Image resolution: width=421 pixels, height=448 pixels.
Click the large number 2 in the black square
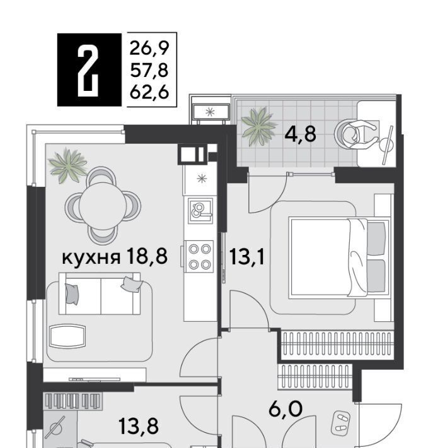coord(88,70)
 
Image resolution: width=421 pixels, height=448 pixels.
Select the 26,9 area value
coord(149,49)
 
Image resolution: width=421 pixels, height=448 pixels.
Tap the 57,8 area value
coord(149,71)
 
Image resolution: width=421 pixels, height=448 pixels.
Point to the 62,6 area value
coord(149,93)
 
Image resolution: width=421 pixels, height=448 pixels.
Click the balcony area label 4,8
coord(300,134)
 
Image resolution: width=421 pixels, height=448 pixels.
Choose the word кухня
coord(91,257)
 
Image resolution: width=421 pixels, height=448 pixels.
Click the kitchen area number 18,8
coord(147,256)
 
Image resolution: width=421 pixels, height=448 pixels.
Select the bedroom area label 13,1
coord(246,257)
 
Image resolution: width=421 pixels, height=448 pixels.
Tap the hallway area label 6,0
coord(285,409)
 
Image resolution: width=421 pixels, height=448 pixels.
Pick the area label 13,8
coord(138,426)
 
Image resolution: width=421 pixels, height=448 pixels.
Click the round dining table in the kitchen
coord(103,206)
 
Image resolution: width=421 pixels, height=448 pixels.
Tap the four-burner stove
coord(199,257)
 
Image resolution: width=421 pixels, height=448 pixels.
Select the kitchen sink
coord(200,211)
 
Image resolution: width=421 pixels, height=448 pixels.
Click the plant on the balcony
coord(258,126)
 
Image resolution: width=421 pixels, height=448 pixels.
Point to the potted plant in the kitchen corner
coord(68,165)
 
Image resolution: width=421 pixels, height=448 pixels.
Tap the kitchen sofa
coord(100,293)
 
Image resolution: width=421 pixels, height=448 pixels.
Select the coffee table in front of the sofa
coord(67,336)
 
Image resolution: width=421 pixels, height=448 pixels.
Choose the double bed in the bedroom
coord(339,258)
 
